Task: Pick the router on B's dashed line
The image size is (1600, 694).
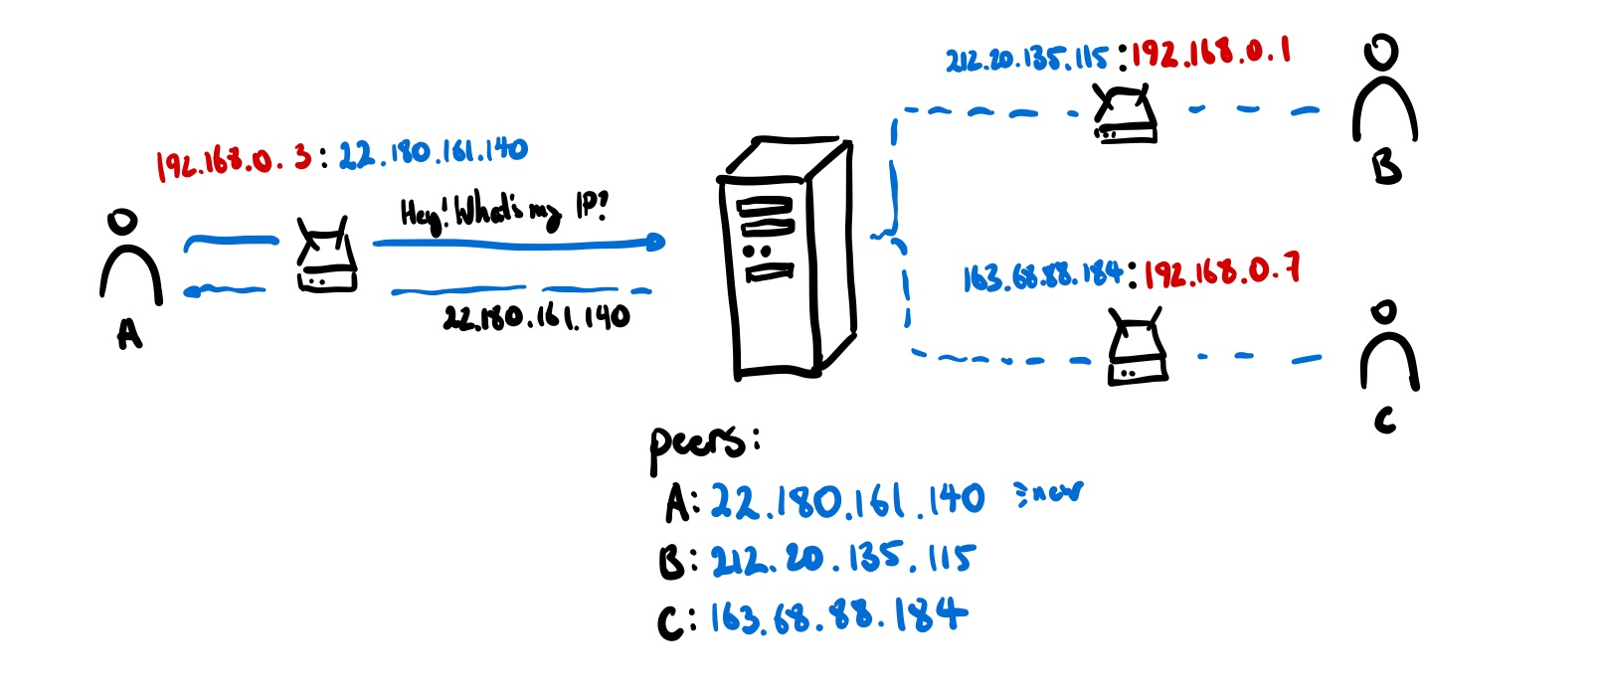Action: click(x=1126, y=114)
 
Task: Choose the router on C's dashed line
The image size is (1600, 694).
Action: click(x=1138, y=348)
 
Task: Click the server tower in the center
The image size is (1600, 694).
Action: click(x=785, y=259)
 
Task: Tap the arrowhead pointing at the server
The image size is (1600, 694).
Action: click(x=653, y=242)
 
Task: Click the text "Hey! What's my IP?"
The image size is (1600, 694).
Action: click(x=503, y=211)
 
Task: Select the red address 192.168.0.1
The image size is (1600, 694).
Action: click(x=1210, y=53)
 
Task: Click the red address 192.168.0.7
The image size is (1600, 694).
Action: click(x=1222, y=272)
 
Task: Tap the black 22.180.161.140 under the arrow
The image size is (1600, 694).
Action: click(x=537, y=317)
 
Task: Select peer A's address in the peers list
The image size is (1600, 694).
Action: click(x=847, y=500)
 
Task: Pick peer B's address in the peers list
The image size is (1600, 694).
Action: click(x=843, y=559)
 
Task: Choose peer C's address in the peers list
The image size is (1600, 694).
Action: click(x=838, y=616)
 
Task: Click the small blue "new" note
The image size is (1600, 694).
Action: click(x=1048, y=493)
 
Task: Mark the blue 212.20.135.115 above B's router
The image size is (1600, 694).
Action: click(x=1026, y=59)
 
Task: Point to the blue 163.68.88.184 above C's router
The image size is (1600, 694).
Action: click(x=1043, y=277)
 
